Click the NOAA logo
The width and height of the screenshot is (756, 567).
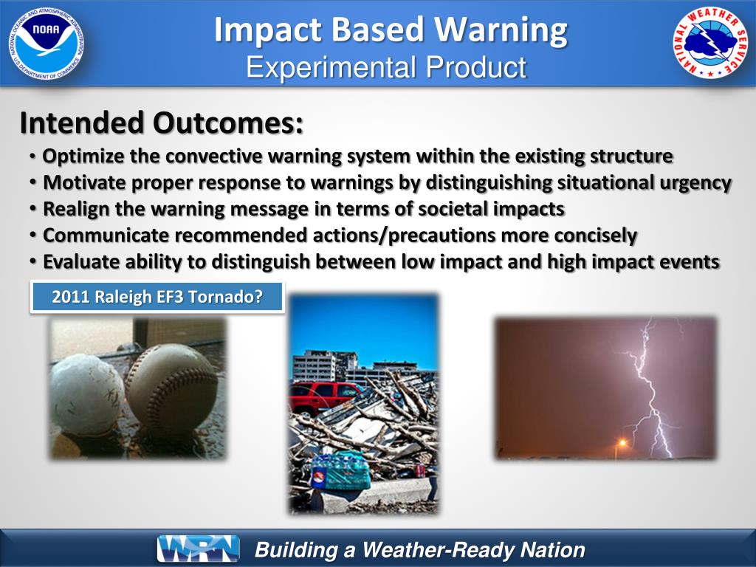[x=46, y=44]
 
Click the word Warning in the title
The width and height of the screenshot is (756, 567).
[x=501, y=30]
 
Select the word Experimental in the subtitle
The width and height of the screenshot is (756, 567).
[x=331, y=67]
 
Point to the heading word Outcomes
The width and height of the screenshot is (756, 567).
[x=228, y=123]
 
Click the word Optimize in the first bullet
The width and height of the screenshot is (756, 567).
[x=83, y=157]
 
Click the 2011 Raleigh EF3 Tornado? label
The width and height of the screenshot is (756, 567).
[x=157, y=297]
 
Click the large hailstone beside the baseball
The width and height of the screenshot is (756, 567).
[x=87, y=396]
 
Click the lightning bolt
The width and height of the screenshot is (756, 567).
[x=651, y=385]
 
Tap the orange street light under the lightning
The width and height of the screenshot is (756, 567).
[x=622, y=443]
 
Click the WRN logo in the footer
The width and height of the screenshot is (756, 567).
[x=198, y=549]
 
